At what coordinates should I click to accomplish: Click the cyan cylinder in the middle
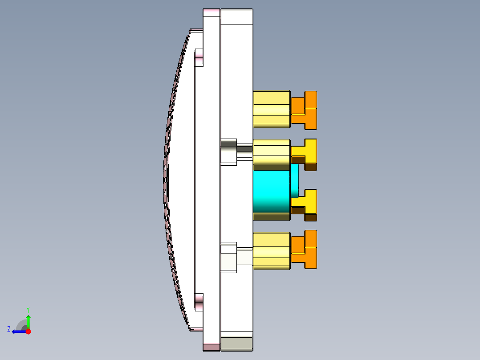(x=272, y=192)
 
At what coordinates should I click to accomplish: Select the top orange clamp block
(x=305, y=110)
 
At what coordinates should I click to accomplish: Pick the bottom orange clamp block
(x=305, y=250)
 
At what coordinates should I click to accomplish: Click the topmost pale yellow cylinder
(x=272, y=109)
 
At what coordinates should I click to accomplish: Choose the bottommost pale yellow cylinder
(x=272, y=251)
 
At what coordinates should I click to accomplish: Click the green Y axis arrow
(x=28, y=321)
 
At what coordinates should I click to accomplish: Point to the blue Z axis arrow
(x=18, y=331)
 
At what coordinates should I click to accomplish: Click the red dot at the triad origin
(x=28, y=331)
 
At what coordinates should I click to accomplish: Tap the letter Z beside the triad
(x=9, y=329)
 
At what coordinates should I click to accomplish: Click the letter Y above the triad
(x=28, y=309)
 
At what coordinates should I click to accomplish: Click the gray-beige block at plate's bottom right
(x=237, y=343)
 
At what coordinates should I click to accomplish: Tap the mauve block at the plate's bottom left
(x=212, y=347)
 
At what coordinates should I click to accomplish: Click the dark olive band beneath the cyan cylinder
(x=272, y=217)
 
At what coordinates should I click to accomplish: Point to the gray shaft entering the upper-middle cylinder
(x=244, y=148)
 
